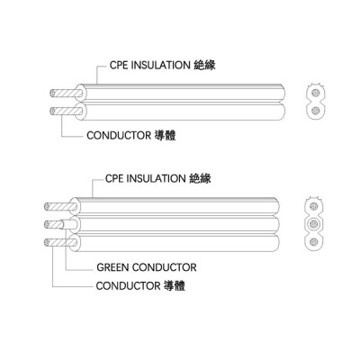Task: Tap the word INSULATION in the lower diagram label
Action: pos(156,179)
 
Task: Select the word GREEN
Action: pos(112,267)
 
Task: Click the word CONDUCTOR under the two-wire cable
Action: pos(119,135)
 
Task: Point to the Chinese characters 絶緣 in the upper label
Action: pos(205,65)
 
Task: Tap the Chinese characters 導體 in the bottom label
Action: pos(175,285)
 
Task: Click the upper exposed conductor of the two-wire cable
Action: pos(66,94)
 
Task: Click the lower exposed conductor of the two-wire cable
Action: pos(66,111)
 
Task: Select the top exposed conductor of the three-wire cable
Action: pos(60,207)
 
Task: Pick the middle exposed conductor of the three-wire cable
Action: pos(53,224)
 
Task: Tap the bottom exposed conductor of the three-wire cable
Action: pos(60,242)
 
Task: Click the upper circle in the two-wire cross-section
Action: pos(315,92)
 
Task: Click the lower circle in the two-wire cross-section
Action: pos(315,111)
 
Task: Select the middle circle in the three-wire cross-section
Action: pos(313,224)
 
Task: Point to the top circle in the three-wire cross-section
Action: pos(313,206)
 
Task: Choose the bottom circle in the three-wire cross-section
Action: pos(313,241)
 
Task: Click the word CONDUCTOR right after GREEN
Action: pos(165,267)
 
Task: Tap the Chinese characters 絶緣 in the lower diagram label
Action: pos(201,179)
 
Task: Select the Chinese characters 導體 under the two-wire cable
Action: pos(166,135)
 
